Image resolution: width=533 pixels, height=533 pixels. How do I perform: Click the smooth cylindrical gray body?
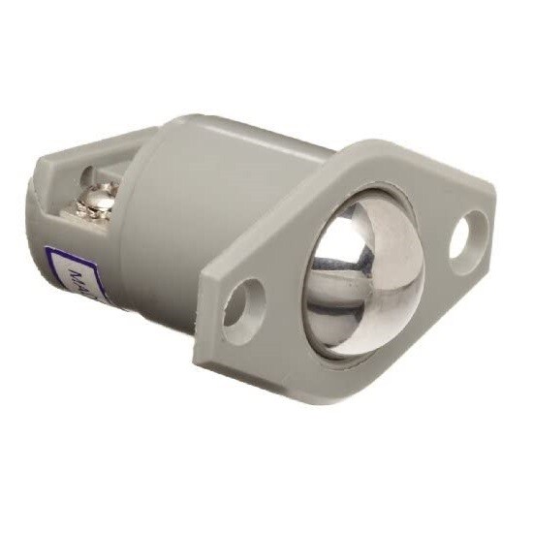[194, 213]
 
